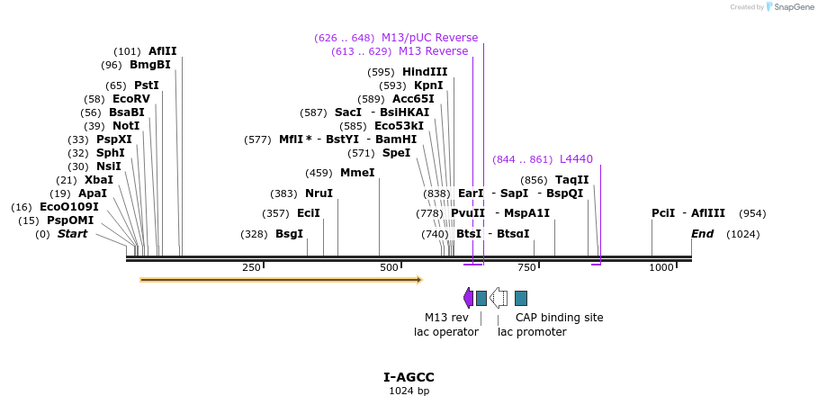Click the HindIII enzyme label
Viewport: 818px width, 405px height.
pyautogui.click(x=424, y=72)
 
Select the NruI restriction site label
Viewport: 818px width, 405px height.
pyautogui.click(x=319, y=193)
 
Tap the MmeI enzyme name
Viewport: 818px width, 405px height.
pyautogui.click(x=356, y=173)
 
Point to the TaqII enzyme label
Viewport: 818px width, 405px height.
pyautogui.click(x=571, y=180)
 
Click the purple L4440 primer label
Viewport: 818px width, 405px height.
pyautogui.click(x=576, y=159)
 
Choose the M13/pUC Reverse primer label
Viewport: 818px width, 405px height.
pyautogui.click(x=429, y=38)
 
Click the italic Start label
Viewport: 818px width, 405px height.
pyautogui.click(x=72, y=234)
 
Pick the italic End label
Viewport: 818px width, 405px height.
pyautogui.click(x=702, y=234)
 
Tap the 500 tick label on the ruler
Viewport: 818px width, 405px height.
pyautogui.click(x=389, y=267)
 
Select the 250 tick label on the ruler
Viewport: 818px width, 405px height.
pyautogui.click(x=251, y=267)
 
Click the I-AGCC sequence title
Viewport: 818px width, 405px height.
pyautogui.click(x=409, y=377)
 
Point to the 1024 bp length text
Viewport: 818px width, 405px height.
pyautogui.click(x=409, y=391)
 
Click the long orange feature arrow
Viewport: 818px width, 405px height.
pyautogui.click(x=281, y=280)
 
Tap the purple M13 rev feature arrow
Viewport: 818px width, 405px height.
pyautogui.click(x=468, y=298)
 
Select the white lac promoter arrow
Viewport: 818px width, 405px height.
pyautogui.click(x=499, y=298)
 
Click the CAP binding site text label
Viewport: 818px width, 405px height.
pyautogui.click(x=559, y=318)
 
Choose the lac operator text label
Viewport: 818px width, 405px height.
pyautogui.click(x=445, y=332)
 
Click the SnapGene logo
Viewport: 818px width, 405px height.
pyautogui.click(x=789, y=7)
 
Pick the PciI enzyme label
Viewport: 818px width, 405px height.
pyautogui.click(x=663, y=213)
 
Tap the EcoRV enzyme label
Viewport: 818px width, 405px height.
pyautogui.click(x=130, y=99)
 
